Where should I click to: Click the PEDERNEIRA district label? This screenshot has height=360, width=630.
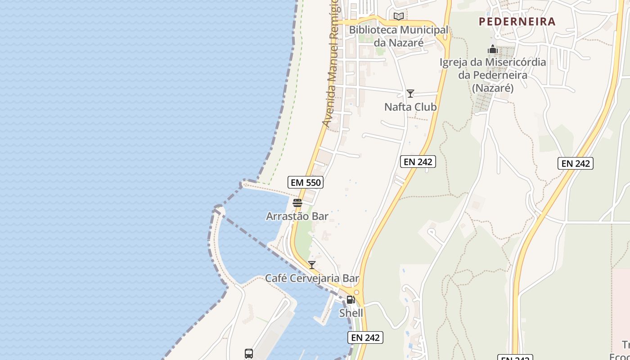point(517,21)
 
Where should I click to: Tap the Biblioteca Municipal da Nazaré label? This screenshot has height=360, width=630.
point(399,36)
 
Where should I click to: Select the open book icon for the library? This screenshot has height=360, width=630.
point(399,17)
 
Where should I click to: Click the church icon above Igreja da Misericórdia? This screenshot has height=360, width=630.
point(493,49)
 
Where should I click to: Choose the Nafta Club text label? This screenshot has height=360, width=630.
point(410,107)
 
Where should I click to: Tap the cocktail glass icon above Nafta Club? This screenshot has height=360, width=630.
point(410,94)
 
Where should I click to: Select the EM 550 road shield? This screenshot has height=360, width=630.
point(306,182)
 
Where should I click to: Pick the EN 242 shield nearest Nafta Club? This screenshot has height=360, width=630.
point(418,162)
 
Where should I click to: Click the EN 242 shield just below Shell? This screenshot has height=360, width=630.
point(365,337)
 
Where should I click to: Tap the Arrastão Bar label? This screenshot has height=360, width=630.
point(297,216)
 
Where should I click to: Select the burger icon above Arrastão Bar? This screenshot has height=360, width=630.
point(297,203)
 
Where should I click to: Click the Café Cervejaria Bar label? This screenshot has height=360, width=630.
point(312,278)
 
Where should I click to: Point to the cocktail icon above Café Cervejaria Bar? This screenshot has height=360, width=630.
point(312,265)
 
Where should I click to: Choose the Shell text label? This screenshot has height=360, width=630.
point(351,313)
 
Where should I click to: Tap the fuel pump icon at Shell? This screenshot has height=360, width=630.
point(351,300)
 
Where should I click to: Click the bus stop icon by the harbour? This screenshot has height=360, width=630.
point(249,354)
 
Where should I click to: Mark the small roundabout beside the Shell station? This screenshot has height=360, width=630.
point(356,292)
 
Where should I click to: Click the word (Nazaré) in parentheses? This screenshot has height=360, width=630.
point(493,88)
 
